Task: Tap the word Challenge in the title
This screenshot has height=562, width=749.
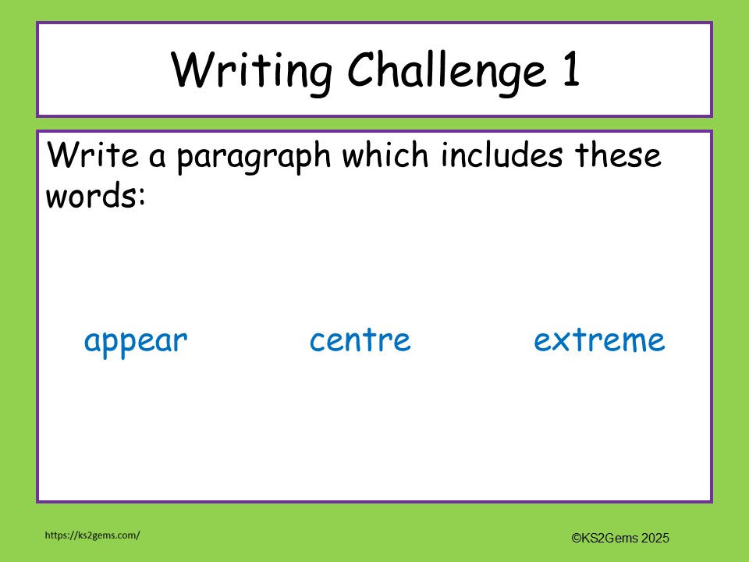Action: [x=446, y=70]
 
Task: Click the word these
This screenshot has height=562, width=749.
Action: [x=619, y=155]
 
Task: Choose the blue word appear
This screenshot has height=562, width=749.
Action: [x=136, y=342]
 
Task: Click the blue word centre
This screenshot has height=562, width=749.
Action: [x=360, y=340]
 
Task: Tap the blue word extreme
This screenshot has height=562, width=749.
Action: [x=599, y=340]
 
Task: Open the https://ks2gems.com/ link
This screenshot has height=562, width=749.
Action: [x=92, y=535]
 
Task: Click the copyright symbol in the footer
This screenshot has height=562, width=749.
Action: [x=576, y=538]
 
